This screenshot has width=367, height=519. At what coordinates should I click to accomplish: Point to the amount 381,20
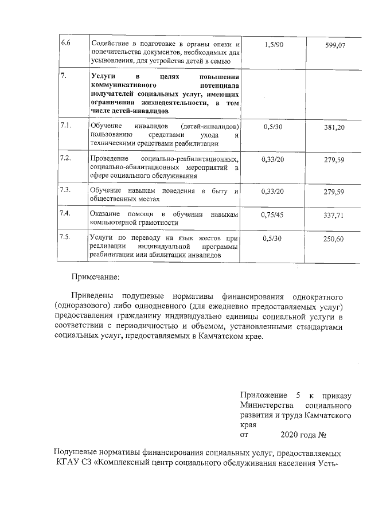334,127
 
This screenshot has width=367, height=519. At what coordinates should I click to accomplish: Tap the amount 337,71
334,216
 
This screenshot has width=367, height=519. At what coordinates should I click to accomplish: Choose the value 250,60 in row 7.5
334,239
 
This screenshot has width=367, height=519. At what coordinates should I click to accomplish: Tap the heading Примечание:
96,278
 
